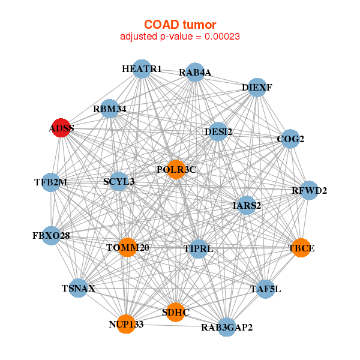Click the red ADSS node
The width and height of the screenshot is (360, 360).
[60, 128]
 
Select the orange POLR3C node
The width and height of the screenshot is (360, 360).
[176, 169]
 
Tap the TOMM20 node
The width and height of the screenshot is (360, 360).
[127, 247]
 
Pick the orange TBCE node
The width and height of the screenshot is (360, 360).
[301, 247]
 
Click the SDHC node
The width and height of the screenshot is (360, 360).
[175, 312]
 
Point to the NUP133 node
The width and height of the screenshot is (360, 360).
[125, 324]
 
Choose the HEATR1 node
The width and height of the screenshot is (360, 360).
[141, 69]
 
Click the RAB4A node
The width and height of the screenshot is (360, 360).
[195, 73]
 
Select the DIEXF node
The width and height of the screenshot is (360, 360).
[257, 87]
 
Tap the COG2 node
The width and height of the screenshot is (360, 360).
[290, 139]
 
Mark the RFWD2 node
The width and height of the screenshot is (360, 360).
[310, 191]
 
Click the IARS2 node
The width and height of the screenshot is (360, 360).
[247, 205]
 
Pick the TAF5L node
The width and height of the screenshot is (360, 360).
[265, 289]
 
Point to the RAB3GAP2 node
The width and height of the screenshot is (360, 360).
[226, 327]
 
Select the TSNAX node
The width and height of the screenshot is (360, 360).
[78, 289]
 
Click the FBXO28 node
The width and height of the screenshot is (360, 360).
[51, 236]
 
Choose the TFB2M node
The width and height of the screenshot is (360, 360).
[51, 182]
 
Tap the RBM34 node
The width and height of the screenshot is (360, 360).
[109, 109]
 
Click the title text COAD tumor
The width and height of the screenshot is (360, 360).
[180, 25]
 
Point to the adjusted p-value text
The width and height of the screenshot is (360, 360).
[180, 37]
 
